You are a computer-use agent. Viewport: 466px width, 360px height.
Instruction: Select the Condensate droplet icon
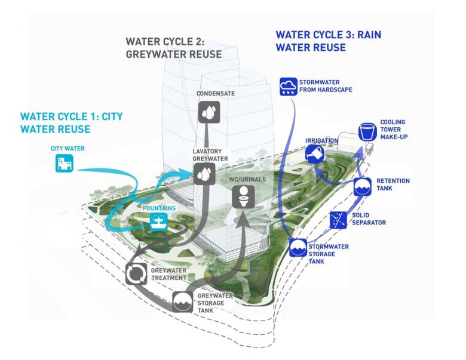coord(210,112)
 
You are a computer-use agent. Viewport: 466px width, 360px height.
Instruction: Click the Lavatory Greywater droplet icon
coord(204,173)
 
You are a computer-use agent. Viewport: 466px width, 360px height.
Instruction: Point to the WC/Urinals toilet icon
coord(243,195)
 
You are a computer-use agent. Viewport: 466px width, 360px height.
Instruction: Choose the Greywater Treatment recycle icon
coord(135,273)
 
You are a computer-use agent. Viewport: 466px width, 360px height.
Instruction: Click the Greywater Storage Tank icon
coord(183,302)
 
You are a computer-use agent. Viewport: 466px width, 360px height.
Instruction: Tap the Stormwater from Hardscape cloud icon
coord(289,87)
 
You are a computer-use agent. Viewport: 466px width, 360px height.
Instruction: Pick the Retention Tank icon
coord(363,187)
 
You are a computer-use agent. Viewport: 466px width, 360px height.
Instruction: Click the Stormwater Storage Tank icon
coord(298,248)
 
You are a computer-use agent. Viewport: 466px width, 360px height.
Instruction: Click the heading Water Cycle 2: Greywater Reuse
coord(173,48)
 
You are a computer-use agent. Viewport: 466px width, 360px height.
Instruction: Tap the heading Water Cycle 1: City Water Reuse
coord(72,122)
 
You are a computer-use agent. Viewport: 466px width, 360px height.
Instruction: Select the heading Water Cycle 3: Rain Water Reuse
coord(328,41)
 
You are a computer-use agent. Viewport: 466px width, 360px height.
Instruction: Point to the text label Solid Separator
coord(369,219)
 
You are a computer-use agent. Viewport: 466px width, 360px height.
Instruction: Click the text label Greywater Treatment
coord(168,274)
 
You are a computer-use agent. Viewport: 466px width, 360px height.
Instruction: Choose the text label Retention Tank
coord(391,184)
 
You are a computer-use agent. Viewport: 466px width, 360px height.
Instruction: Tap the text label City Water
coord(63,146)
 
